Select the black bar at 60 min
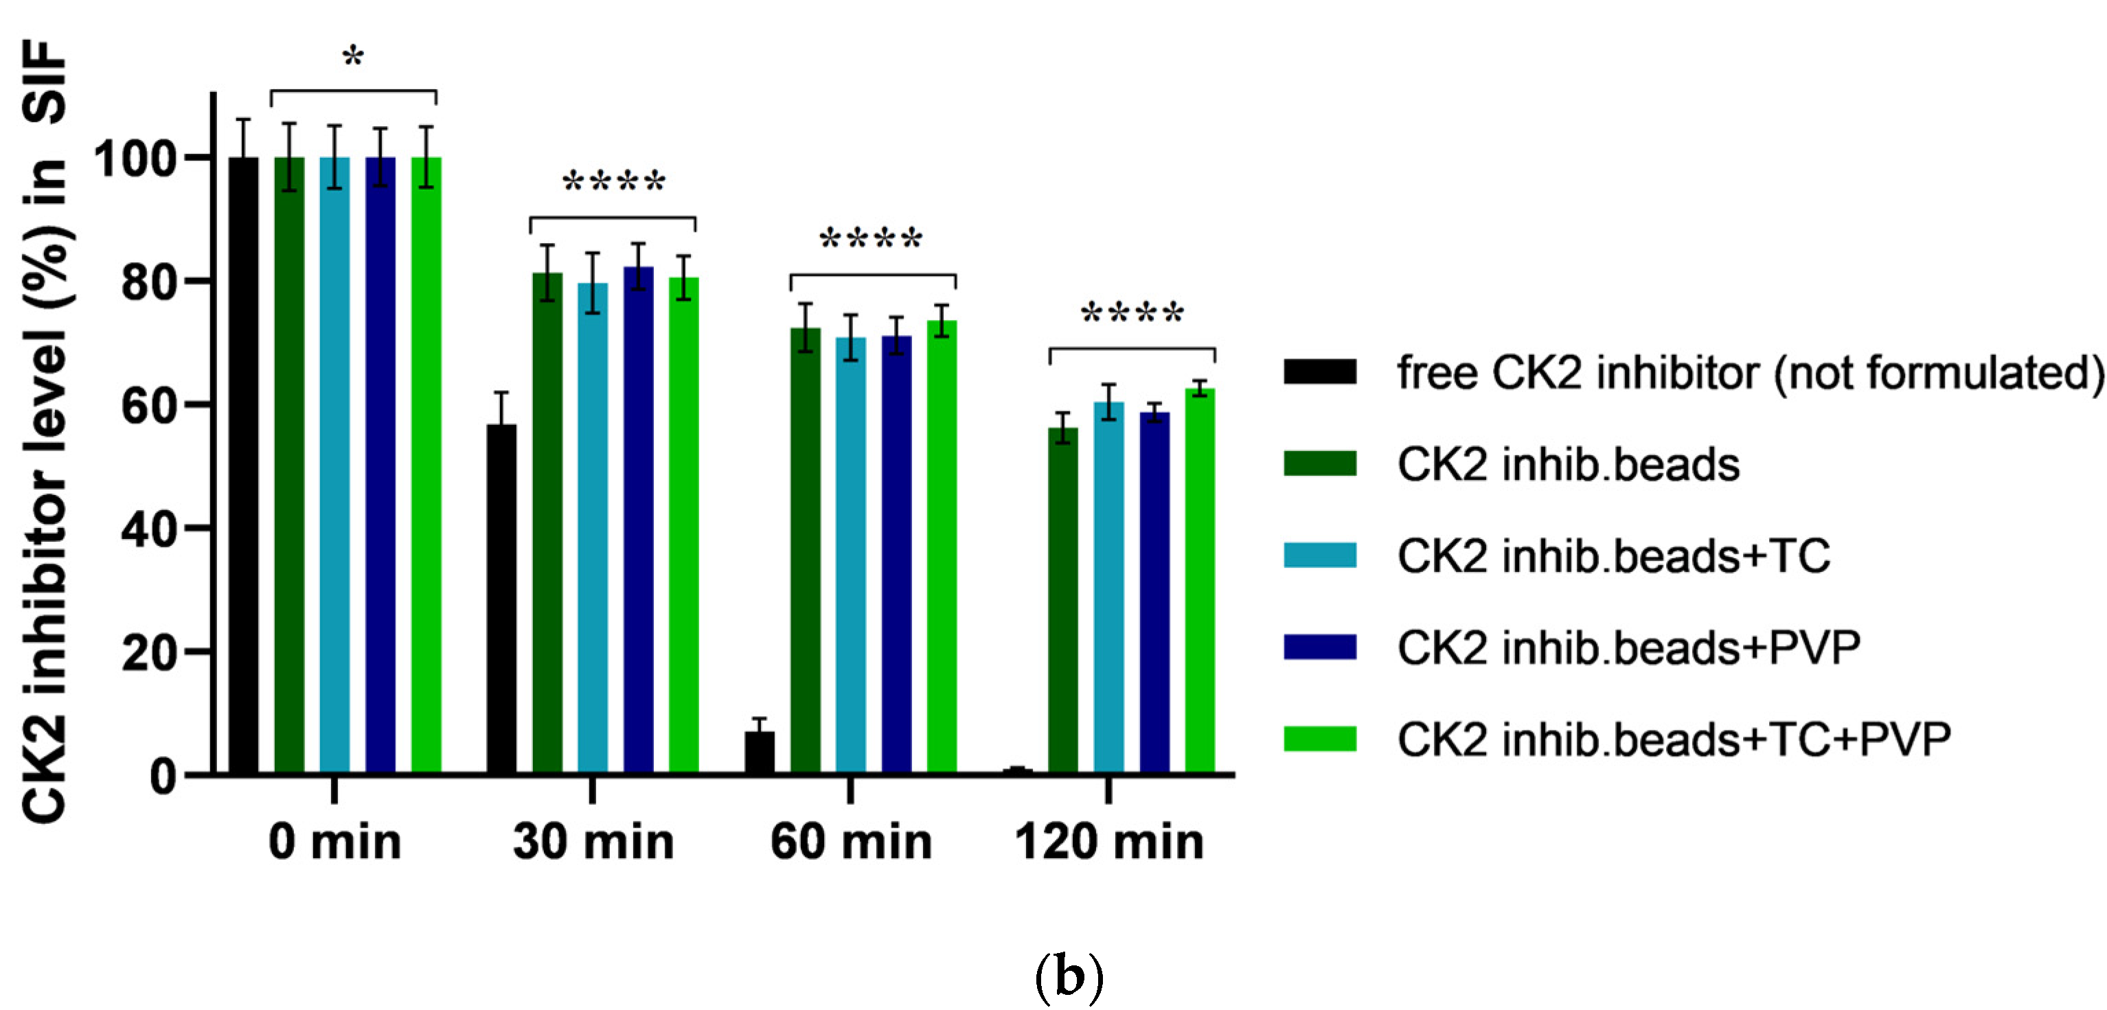click(x=760, y=752)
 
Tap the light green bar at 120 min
click(x=1200, y=581)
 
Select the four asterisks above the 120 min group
click(x=1132, y=314)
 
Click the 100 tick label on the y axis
click(x=135, y=159)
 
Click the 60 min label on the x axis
click(x=851, y=842)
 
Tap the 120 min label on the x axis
click(x=1108, y=842)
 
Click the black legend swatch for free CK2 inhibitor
click(x=1319, y=371)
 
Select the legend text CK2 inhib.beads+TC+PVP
click(x=1674, y=739)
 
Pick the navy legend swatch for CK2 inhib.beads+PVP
click(x=1319, y=647)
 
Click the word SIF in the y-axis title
click(x=45, y=82)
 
